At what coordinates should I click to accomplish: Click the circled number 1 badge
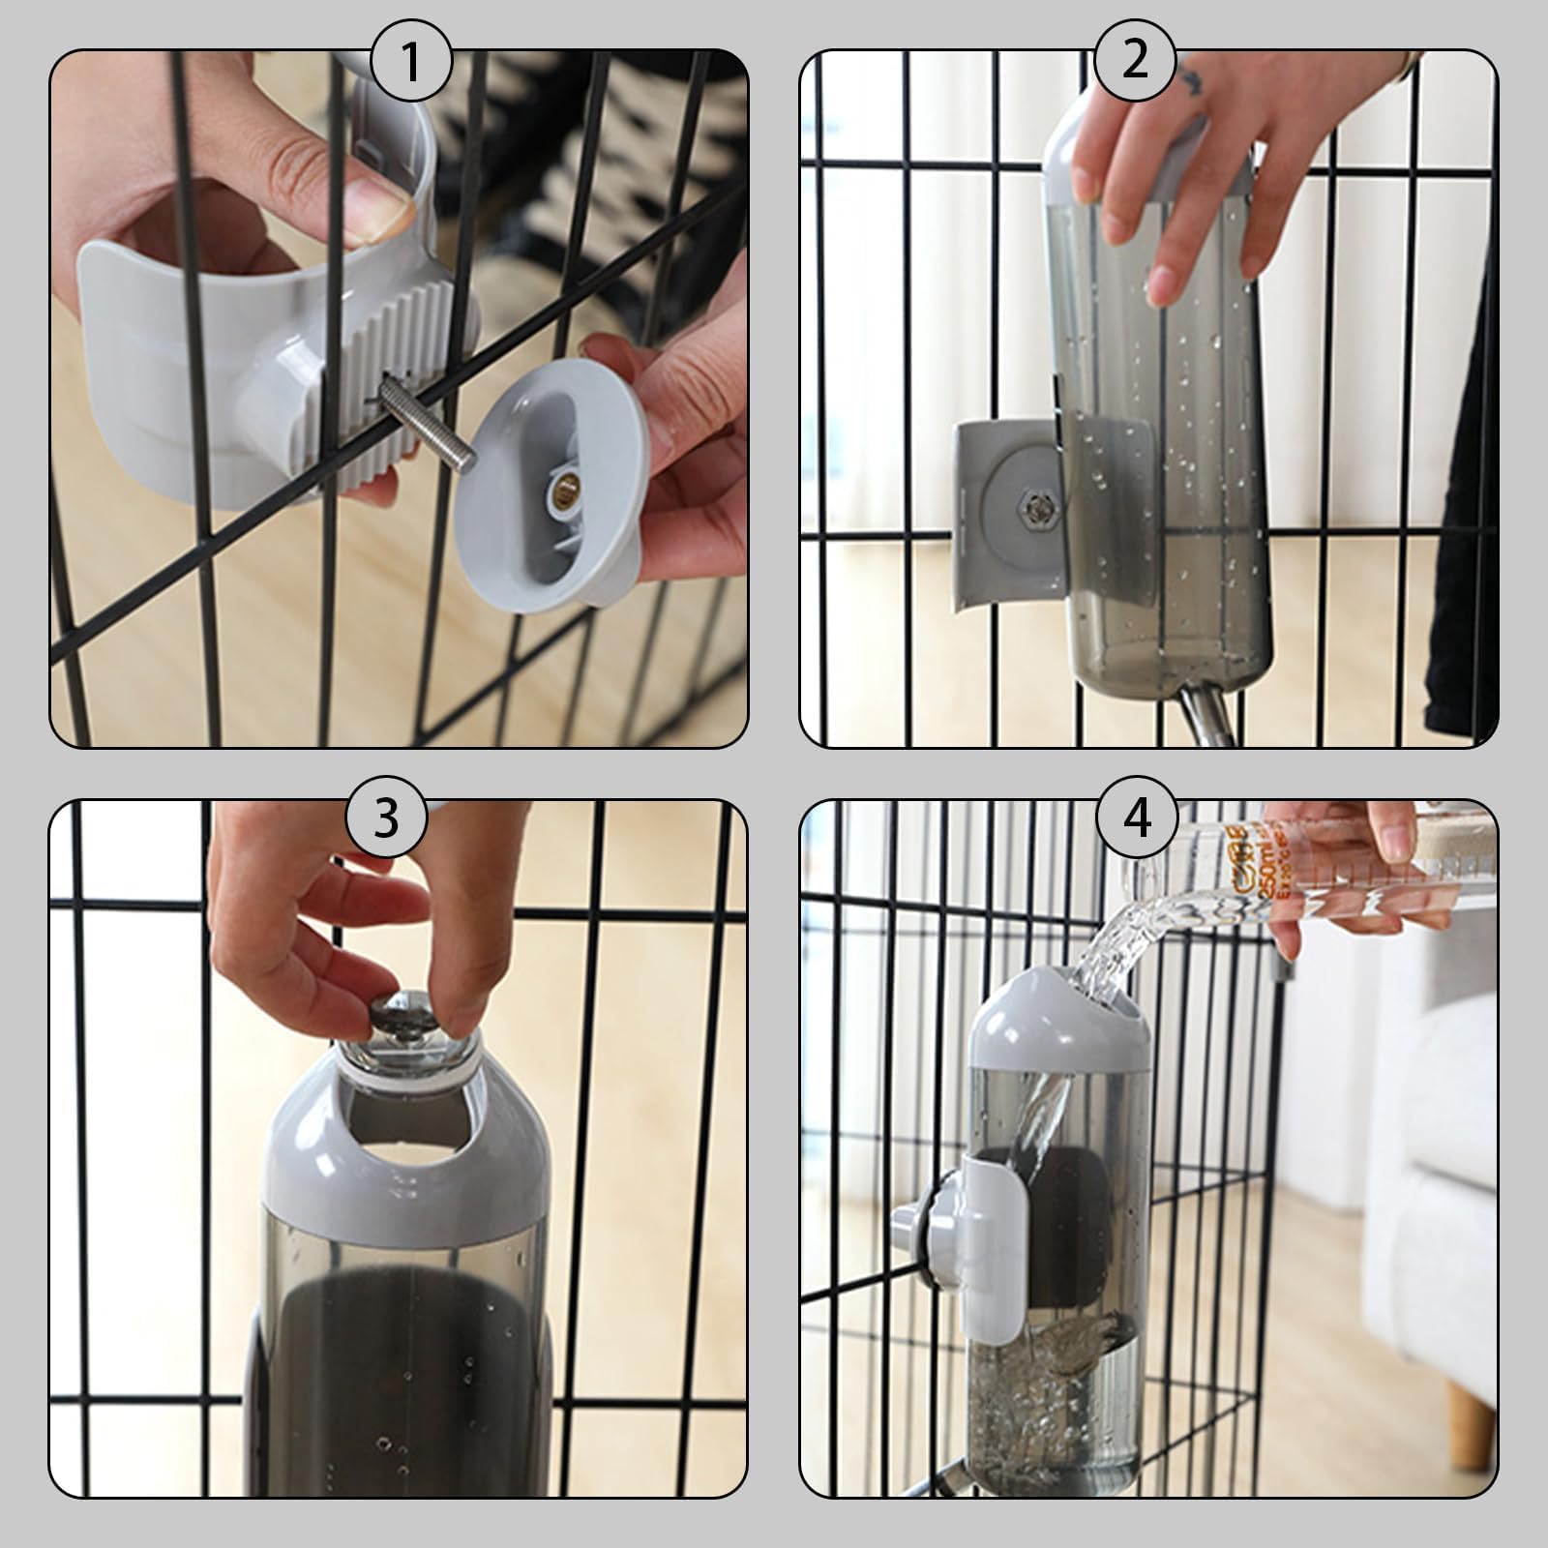(x=411, y=64)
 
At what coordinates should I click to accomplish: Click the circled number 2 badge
(x=1135, y=60)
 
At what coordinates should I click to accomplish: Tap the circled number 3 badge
(x=386, y=818)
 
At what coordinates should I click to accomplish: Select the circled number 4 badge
(x=1137, y=818)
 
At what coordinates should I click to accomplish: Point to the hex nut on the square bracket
(x=1038, y=504)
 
